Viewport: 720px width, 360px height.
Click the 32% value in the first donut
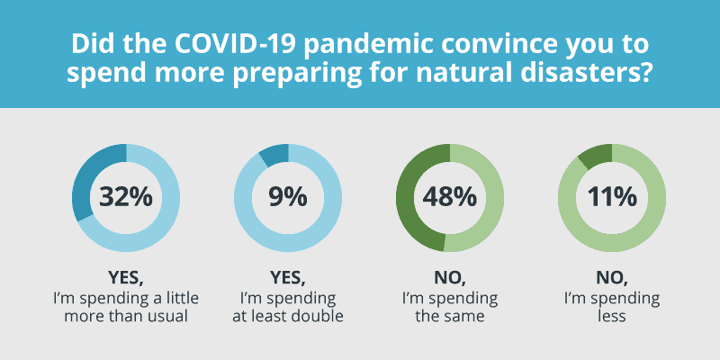coord(126,197)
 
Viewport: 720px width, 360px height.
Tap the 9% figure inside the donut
coord(288,197)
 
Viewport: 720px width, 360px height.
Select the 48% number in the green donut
coord(450,197)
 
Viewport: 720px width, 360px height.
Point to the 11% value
coord(612,197)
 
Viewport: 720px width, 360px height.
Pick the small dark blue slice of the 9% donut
coord(274,155)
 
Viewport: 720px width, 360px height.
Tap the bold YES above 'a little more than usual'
coord(123,278)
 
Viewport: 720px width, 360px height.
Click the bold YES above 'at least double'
coord(285,278)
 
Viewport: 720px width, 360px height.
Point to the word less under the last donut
coord(612,317)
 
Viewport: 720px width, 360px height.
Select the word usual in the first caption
coord(167,317)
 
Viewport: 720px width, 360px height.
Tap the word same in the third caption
coord(465,317)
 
